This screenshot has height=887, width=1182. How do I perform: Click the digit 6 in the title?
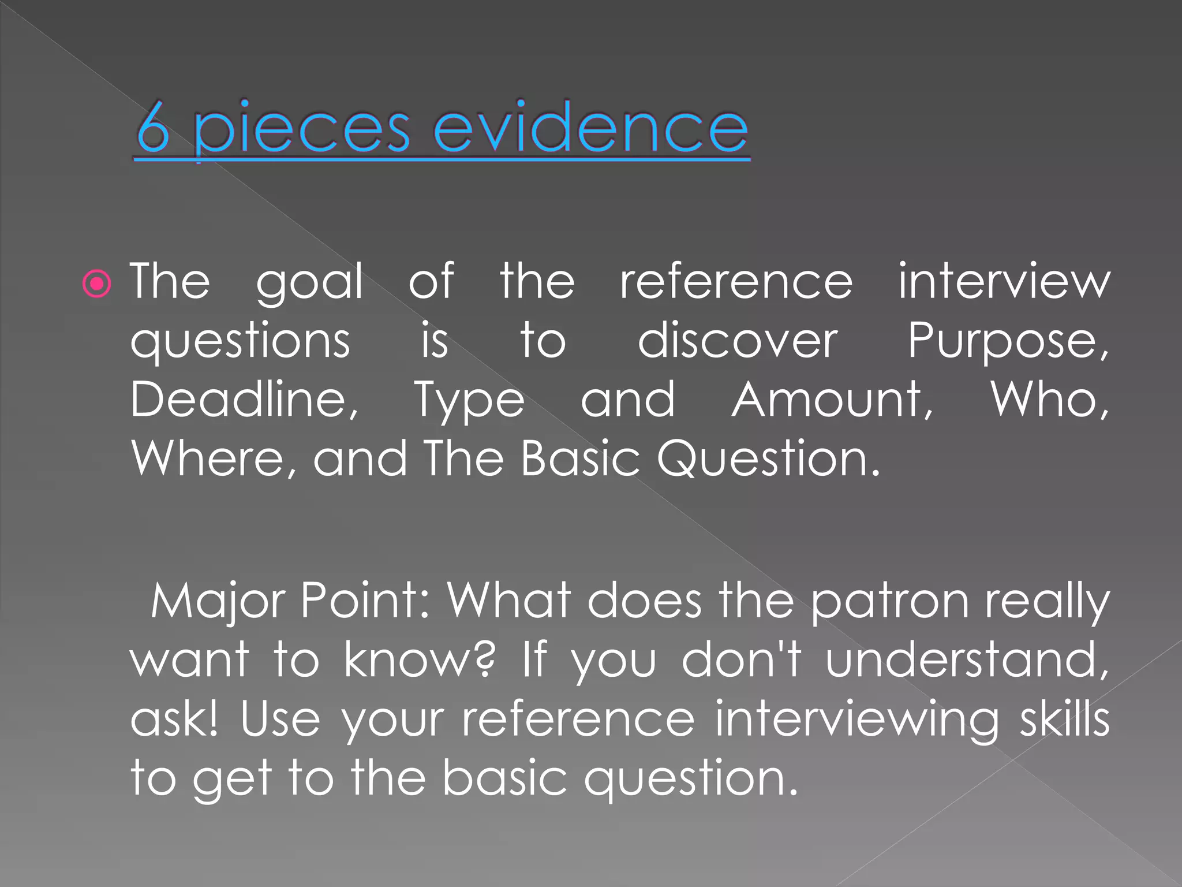point(154,128)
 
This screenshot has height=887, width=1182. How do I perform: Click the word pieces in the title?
point(301,131)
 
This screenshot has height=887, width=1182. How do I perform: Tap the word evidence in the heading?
point(590,128)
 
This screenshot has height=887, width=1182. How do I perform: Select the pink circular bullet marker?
point(96,284)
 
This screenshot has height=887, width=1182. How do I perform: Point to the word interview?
point(1004,281)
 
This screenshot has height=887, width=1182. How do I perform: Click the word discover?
point(737,341)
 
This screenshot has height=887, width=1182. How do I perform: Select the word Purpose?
point(1007,342)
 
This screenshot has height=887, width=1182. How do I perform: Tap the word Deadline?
point(244,400)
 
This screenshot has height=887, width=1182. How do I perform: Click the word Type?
point(469,402)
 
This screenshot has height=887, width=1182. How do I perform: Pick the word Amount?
point(831,400)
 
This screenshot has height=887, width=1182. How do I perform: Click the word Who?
point(1049,400)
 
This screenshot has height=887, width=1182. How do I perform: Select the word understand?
point(966,660)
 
